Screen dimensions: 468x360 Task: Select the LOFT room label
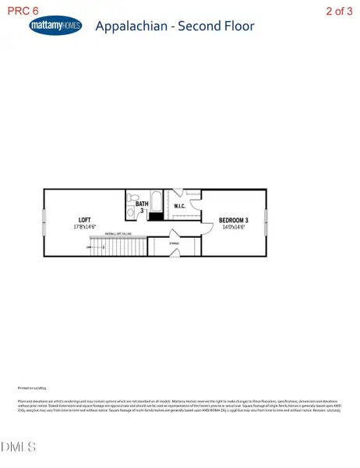tap(86, 219)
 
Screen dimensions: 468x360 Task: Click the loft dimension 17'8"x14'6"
tap(86, 227)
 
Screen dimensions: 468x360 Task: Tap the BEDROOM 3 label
tap(234, 219)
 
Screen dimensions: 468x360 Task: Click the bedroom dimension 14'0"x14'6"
tap(234, 227)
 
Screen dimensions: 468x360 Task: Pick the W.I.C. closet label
tap(178, 207)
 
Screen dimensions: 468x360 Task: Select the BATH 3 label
tap(140, 206)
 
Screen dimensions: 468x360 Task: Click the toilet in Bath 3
tap(132, 200)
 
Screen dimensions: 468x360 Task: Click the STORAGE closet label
tap(175, 243)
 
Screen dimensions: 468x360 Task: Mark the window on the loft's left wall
tap(44, 222)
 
